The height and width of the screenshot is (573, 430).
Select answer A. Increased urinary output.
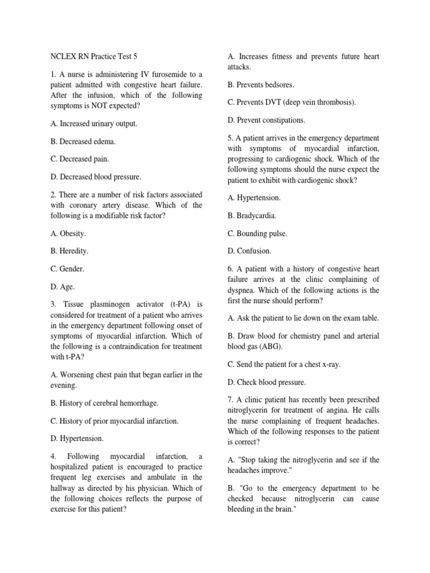pyautogui.click(x=90, y=123)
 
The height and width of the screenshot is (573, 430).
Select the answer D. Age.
pyautogui.click(x=59, y=287)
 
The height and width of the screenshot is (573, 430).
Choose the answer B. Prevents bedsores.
pyautogui.click(x=260, y=84)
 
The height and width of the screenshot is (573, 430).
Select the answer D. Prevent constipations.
pyautogui.click(x=267, y=120)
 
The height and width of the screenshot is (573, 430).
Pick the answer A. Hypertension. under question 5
pyautogui.click(x=254, y=198)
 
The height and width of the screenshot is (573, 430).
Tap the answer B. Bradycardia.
pyautogui.click(x=252, y=215)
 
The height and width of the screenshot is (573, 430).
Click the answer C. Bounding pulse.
pyautogui.click(x=257, y=233)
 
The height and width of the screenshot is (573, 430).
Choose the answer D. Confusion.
pyautogui.click(x=249, y=251)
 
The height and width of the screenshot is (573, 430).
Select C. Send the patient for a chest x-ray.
pyautogui.click(x=284, y=364)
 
